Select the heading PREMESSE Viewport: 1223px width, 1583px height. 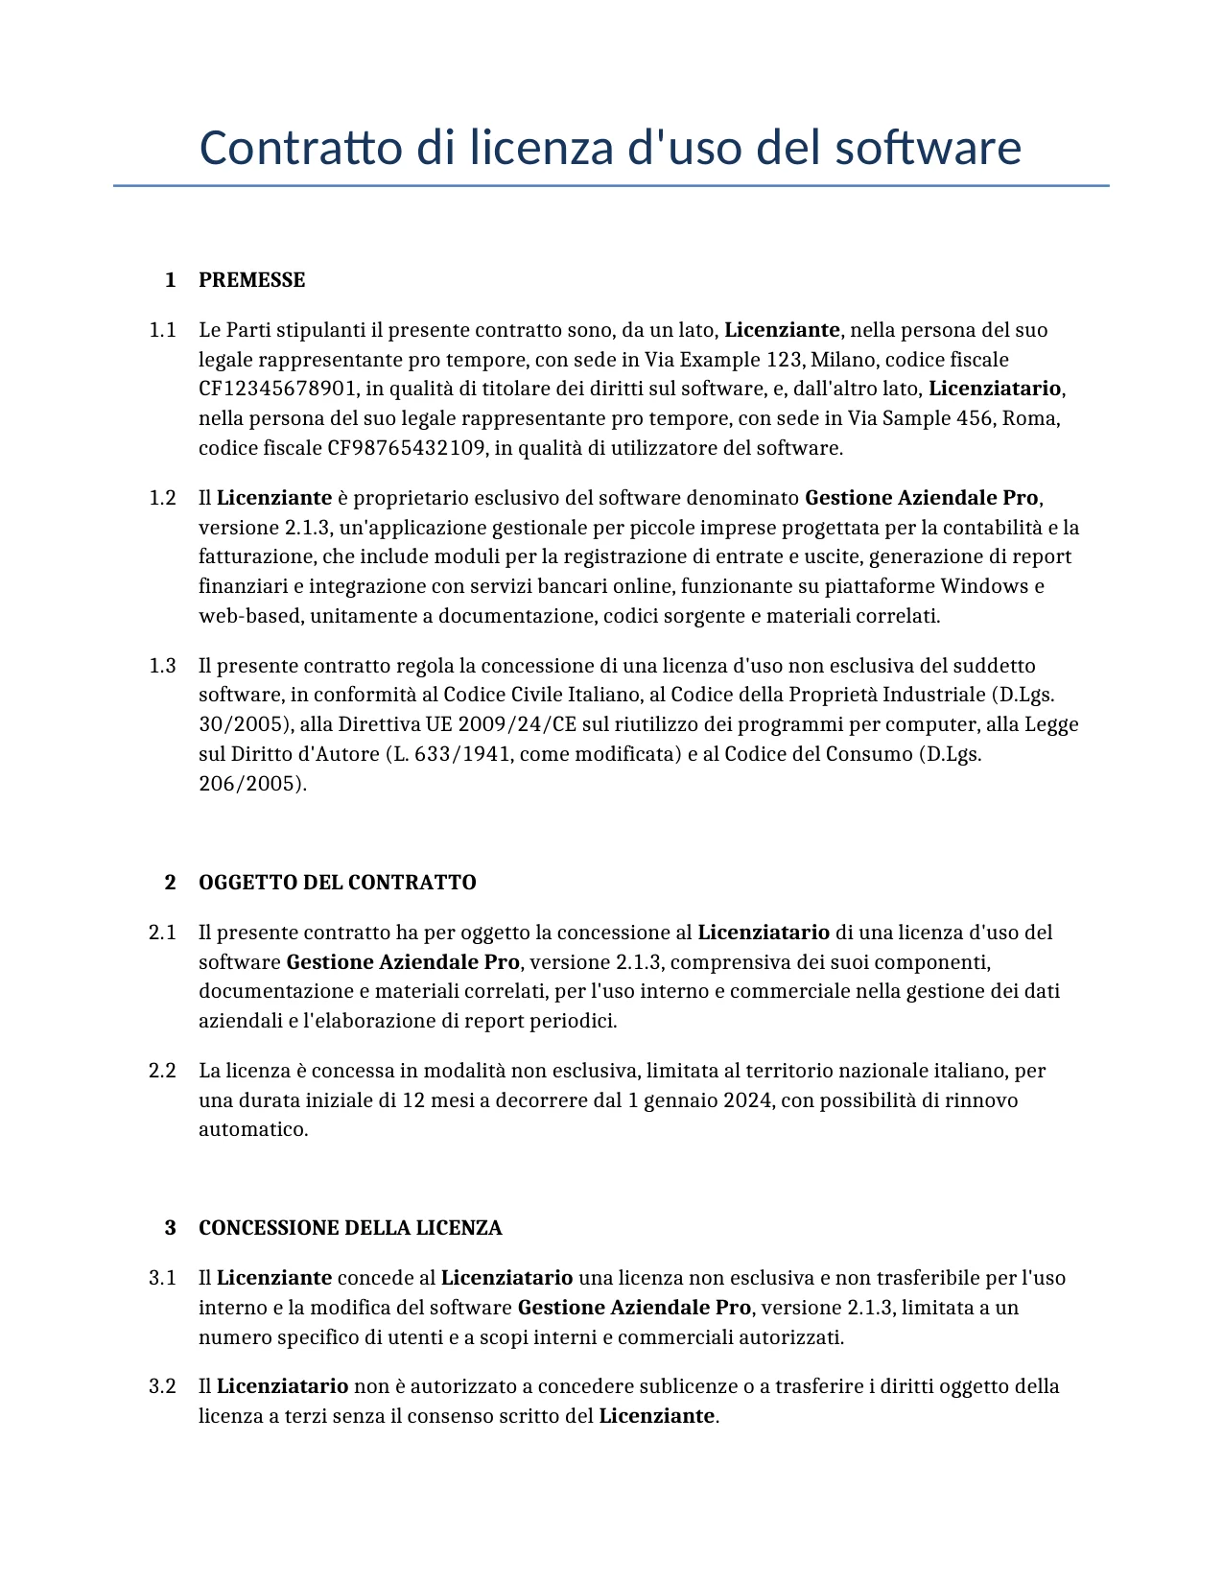[x=251, y=280]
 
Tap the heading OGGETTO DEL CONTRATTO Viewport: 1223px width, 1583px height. [x=337, y=883]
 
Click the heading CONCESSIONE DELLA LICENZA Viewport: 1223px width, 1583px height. [x=350, y=1228]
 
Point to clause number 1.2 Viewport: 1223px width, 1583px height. [x=162, y=498]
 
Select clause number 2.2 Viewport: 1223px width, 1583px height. [x=162, y=1071]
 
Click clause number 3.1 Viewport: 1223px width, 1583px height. [x=162, y=1278]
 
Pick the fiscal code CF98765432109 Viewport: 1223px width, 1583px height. [x=406, y=448]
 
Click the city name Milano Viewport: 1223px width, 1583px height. [x=842, y=360]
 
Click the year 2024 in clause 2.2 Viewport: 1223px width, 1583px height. [x=747, y=1100]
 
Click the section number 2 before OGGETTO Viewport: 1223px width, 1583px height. [x=171, y=883]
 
